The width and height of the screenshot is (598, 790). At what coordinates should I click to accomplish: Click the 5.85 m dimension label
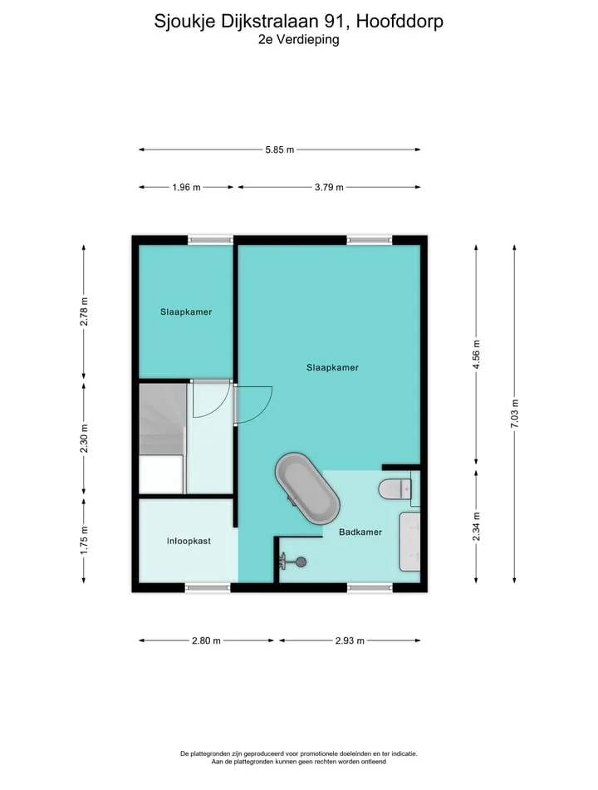click(x=280, y=150)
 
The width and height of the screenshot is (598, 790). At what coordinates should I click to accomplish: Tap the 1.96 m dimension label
click(x=186, y=188)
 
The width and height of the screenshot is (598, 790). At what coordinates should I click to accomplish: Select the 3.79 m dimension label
click(x=329, y=188)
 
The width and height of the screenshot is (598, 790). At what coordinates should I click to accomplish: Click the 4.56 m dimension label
click(x=476, y=355)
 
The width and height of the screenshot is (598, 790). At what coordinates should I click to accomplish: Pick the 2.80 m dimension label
click(x=206, y=640)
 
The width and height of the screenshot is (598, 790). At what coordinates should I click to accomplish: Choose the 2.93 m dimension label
click(x=350, y=640)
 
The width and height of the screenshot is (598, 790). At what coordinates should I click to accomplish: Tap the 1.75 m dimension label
click(x=84, y=540)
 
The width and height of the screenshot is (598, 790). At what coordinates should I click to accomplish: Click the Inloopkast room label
click(x=189, y=541)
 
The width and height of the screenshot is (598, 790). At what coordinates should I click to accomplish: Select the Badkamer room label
click(x=360, y=532)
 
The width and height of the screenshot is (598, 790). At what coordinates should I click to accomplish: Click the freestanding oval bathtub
click(x=306, y=488)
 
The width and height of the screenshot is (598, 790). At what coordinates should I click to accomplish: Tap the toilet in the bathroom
click(x=395, y=488)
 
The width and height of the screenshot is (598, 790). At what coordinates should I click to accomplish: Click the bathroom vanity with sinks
click(x=409, y=542)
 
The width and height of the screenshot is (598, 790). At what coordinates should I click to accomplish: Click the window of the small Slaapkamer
click(x=210, y=240)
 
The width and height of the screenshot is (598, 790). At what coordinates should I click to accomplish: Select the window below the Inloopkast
click(x=208, y=587)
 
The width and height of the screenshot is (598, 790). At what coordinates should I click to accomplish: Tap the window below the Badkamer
click(x=370, y=587)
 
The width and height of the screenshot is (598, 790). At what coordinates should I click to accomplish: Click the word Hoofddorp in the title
click(x=399, y=21)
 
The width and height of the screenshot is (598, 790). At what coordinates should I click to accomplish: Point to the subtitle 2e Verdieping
click(x=299, y=39)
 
